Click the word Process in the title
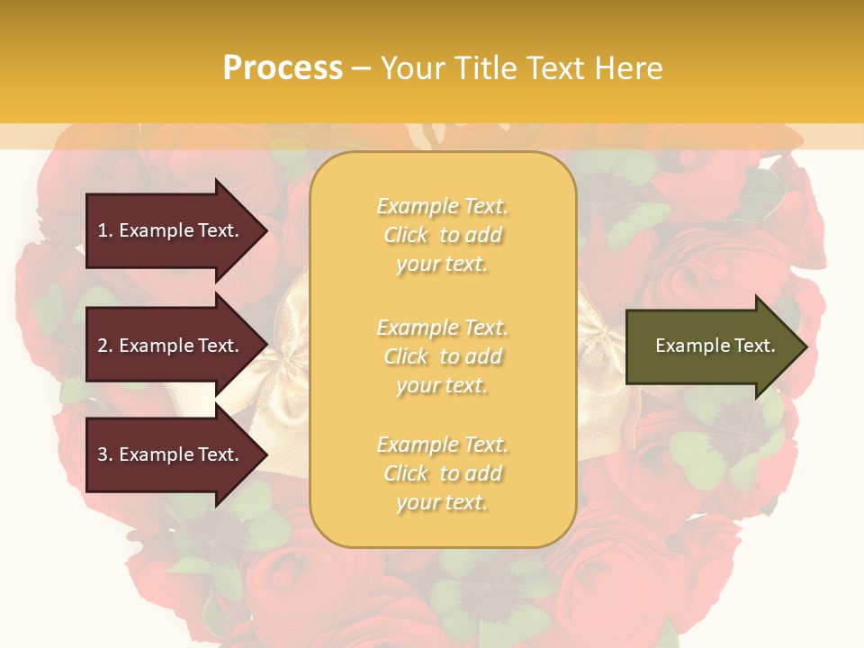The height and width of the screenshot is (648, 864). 283,68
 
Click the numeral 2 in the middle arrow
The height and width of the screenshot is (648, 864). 103,346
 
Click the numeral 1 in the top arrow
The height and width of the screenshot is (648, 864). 103,230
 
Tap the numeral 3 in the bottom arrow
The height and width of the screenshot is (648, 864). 103,454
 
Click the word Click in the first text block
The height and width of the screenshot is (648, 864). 407,235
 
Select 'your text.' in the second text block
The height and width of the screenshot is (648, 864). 442,385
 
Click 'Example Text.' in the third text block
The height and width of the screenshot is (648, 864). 442,445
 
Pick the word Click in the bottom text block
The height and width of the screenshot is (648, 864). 407,473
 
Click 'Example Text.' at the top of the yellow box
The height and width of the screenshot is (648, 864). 442,206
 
